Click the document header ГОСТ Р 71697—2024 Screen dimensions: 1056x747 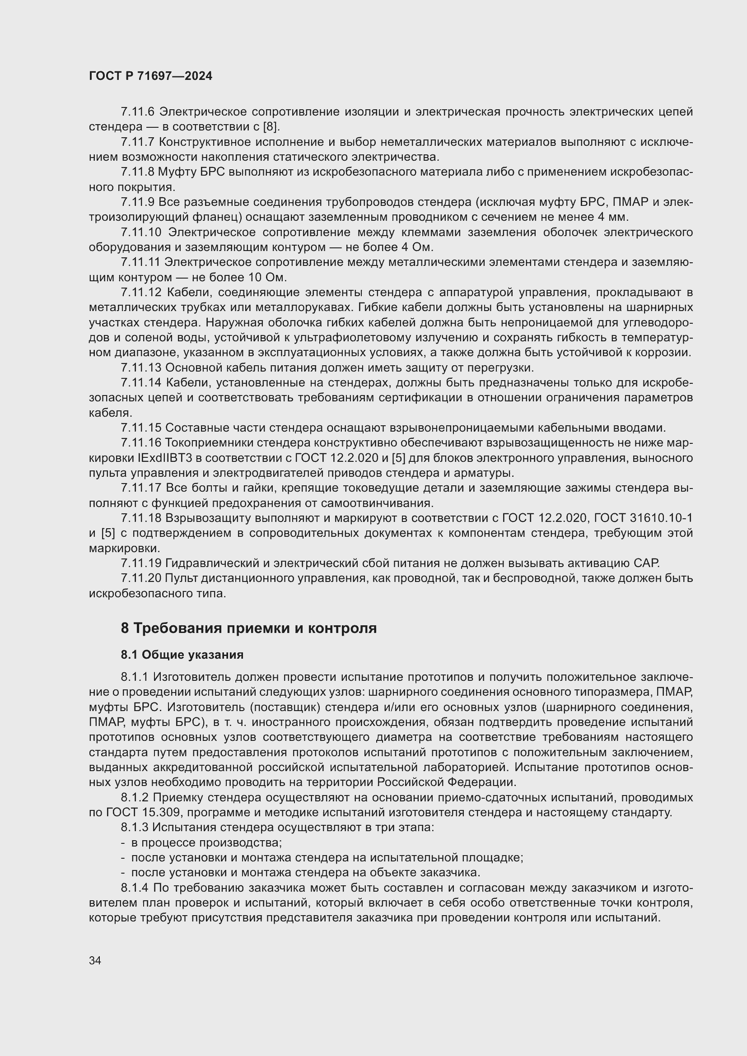(150, 76)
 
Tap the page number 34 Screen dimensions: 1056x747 (95, 960)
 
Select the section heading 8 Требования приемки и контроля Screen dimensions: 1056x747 (248, 628)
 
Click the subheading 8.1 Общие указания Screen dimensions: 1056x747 (182, 655)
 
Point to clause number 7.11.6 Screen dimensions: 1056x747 (138, 112)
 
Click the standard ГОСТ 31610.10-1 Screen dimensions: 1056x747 (643, 518)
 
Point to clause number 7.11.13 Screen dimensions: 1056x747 (141, 368)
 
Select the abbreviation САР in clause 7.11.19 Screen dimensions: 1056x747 (646, 563)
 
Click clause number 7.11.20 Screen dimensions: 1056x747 (141, 578)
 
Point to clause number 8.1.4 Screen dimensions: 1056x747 (135, 888)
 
